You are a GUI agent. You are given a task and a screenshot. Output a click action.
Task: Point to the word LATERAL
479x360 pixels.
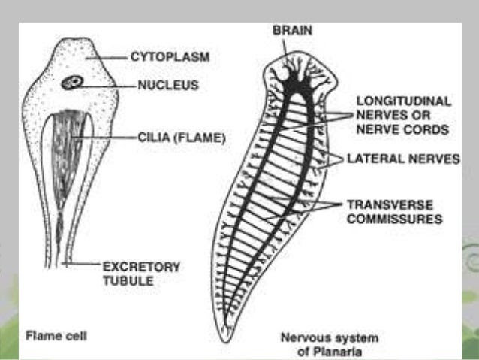click(370, 159)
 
